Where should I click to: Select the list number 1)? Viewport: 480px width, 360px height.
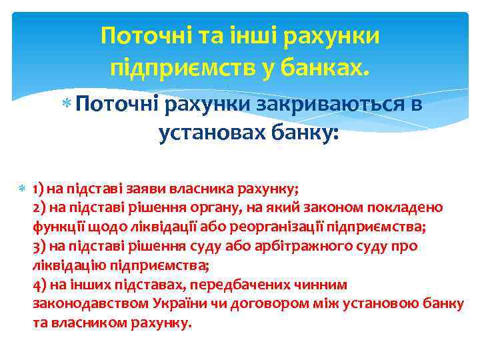38,188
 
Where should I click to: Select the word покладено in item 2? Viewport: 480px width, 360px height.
413,207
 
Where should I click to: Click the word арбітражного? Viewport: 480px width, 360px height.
319,246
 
